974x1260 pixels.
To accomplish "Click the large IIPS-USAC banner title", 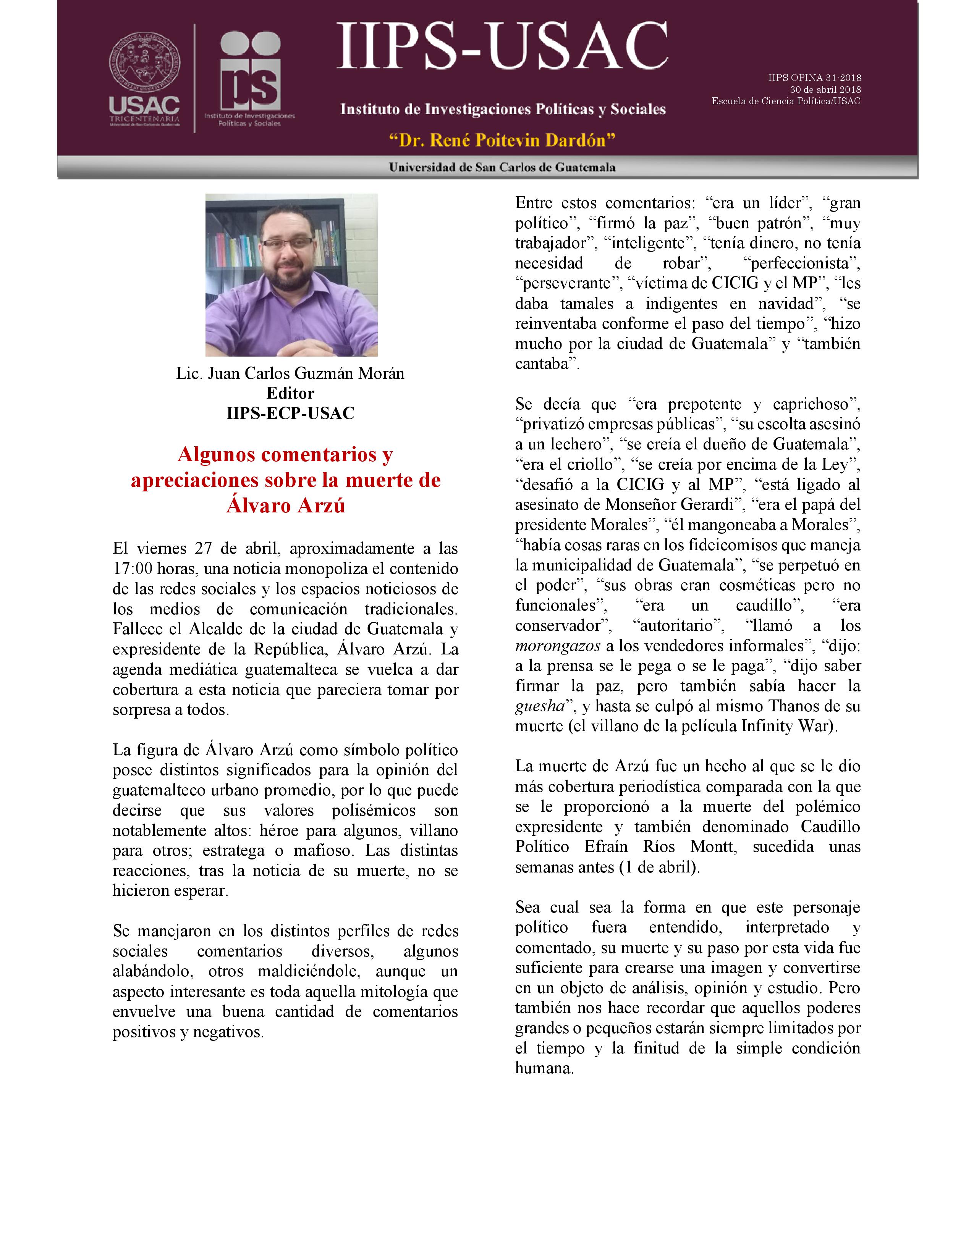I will point(502,46).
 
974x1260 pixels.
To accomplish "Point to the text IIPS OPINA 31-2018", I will point(814,77).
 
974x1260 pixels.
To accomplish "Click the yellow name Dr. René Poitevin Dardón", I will point(502,140).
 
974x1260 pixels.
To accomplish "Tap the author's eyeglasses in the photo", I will point(288,243).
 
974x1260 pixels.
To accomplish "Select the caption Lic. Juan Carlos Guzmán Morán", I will point(290,373).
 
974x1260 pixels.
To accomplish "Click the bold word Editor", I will point(290,393).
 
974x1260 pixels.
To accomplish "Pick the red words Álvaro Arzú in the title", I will point(286,506).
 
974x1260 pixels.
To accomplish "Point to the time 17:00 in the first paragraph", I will point(133,569).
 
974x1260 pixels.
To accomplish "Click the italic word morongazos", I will point(557,646).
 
